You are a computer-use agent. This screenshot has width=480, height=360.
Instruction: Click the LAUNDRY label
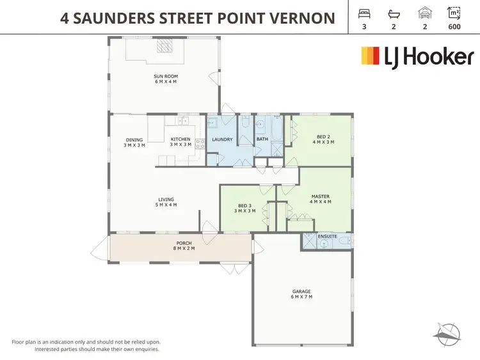pyautogui.click(x=221, y=139)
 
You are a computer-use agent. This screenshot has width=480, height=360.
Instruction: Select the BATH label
pyautogui.click(x=262, y=139)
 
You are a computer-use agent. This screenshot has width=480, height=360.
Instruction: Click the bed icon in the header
pyautogui.click(x=364, y=13)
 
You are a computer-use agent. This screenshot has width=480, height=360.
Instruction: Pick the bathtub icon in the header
pyautogui.click(x=394, y=13)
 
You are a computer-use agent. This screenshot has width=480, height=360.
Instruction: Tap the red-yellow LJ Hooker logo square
pyautogui.click(x=371, y=56)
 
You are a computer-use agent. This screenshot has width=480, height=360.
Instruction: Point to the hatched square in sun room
pyautogui.click(x=166, y=45)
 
